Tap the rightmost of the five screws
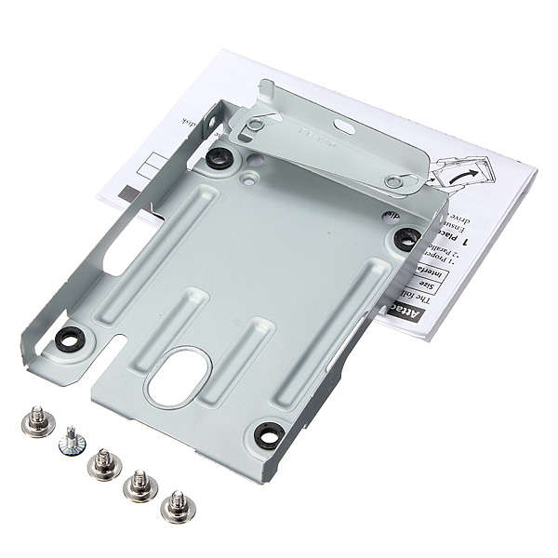[x=174, y=507]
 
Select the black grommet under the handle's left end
[x=219, y=156]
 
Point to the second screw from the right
[x=139, y=484]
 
